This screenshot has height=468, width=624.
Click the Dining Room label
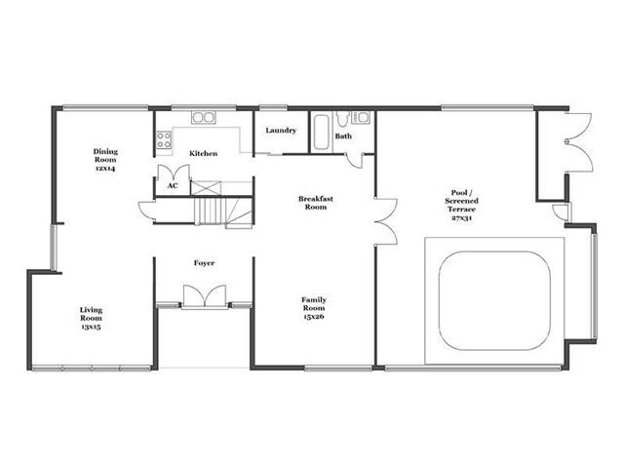105,160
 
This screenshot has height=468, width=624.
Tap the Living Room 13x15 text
91,318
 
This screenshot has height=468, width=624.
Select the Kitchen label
204,153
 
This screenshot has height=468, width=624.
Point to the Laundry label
281,130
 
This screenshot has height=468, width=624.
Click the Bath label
343,136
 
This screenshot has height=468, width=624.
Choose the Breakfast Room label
316,203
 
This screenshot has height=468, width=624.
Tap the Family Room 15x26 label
314,308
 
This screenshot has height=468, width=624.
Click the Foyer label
204,263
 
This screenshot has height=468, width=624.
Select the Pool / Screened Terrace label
461,205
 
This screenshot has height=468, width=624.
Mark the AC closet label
173,185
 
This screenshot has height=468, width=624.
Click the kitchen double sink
204,117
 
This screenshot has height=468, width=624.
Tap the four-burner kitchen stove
164,140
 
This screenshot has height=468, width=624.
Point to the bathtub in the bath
321,133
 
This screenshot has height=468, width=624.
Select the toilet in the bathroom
342,118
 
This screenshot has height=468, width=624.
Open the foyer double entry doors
205,295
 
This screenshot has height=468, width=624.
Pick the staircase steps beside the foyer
210,212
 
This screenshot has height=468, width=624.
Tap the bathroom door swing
354,160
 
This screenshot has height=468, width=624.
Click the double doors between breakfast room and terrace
386,221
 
